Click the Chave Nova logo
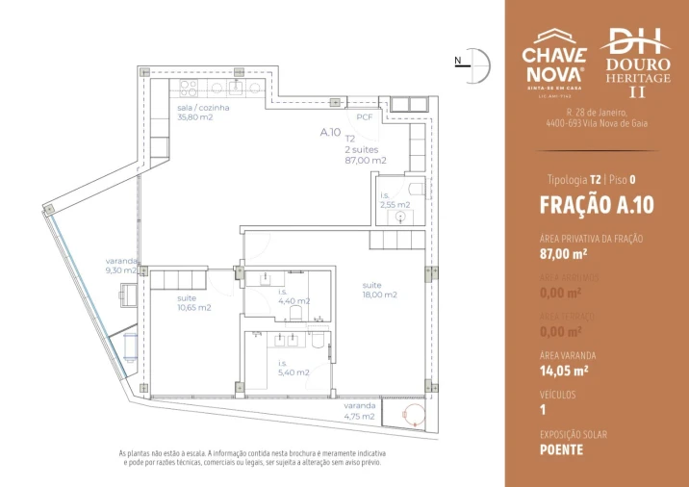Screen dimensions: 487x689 [x=553, y=60]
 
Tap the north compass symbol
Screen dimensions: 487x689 [x=476, y=63]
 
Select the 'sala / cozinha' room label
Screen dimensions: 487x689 [x=203, y=114]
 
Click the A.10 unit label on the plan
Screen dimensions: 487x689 [x=330, y=133]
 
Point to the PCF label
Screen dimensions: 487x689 [x=364, y=116]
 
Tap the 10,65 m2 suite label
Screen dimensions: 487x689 [x=193, y=303]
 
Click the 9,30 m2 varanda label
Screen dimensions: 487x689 [x=122, y=266]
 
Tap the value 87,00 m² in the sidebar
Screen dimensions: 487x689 [x=564, y=255]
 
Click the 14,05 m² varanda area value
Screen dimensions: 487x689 [x=564, y=369]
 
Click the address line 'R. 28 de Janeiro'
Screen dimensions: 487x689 [x=597, y=113]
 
